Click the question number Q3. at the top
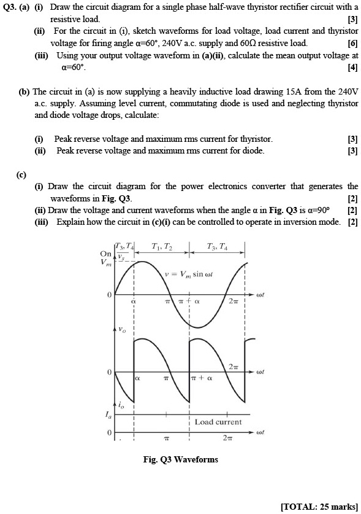(x=11, y=7)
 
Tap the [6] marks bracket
(x=352, y=44)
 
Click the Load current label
(x=218, y=422)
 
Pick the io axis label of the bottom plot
(x=121, y=407)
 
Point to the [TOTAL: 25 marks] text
(x=319, y=505)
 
